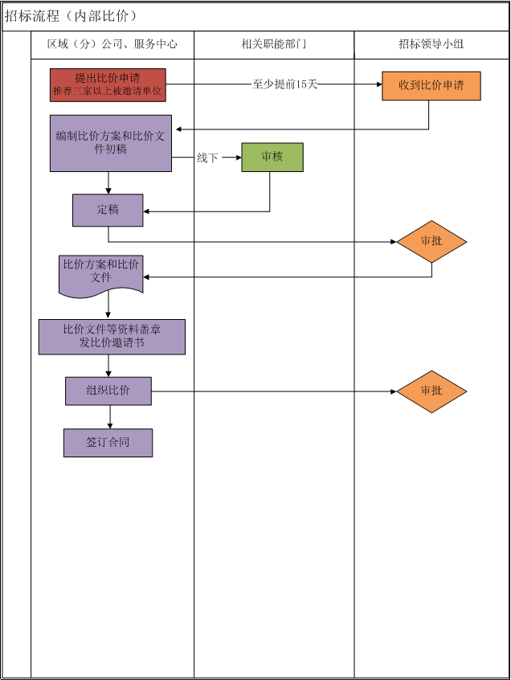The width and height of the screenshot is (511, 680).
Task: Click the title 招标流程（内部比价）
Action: click(x=72, y=16)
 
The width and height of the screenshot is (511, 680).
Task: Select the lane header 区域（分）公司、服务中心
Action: click(x=112, y=44)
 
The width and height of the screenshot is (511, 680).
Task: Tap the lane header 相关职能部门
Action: click(x=274, y=44)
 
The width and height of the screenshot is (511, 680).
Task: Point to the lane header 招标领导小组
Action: click(x=431, y=44)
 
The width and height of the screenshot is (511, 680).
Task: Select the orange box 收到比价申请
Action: click(x=431, y=85)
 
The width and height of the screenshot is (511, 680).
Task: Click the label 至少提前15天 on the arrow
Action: click(x=284, y=84)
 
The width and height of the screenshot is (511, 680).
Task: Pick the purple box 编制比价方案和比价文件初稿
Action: click(x=111, y=143)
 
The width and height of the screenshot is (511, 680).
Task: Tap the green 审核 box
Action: click(x=272, y=157)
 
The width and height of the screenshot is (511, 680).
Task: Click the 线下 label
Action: click(x=207, y=158)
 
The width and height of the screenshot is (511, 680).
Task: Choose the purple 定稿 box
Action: click(x=108, y=210)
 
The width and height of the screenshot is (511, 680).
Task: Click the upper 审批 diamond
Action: click(x=431, y=241)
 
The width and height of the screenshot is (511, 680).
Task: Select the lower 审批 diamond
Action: click(x=431, y=391)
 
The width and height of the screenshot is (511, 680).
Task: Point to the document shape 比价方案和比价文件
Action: click(x=101, y=272)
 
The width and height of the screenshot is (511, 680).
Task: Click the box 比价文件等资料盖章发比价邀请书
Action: click(x=112, y=337)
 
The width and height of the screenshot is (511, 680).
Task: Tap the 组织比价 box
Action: click(x=108, y=391)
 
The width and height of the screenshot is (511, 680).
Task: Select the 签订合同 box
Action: click(x=108, y=443)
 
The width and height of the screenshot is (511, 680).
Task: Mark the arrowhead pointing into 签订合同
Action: click(x=110, y=425)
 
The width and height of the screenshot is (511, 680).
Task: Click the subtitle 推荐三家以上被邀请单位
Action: click(x=108, y=92)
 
